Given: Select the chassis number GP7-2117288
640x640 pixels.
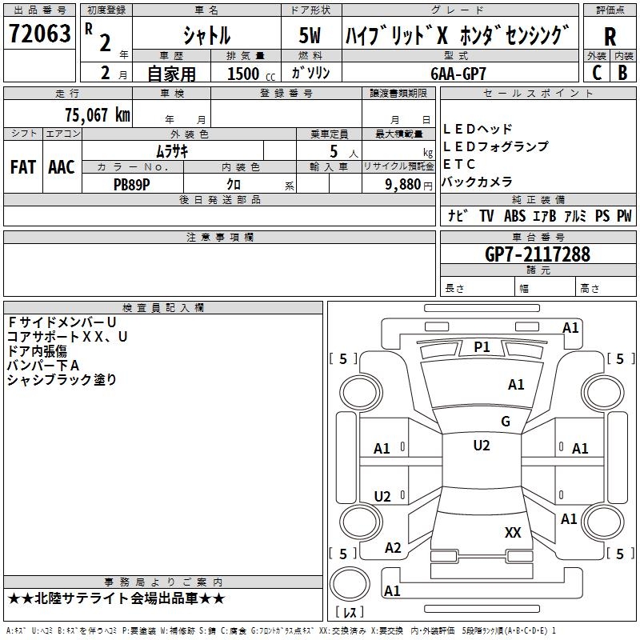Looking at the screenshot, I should [538, 254].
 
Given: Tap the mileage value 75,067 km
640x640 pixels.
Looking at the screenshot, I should [97, 114].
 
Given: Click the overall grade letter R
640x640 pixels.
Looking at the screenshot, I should [610, 36].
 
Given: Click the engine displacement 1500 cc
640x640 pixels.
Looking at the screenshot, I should [248, 74].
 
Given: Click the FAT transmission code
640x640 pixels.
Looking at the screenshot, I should [22, 167].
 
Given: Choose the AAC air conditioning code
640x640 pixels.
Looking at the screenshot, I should [62, 167].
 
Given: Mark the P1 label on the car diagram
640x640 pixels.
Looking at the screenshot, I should [482, 346].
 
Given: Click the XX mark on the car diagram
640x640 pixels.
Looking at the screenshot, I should [513, 532].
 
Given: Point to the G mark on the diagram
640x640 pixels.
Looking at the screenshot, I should [506, 421].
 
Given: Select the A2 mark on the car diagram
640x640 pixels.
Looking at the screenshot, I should [393, 547].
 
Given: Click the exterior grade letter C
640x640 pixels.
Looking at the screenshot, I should [597, 73].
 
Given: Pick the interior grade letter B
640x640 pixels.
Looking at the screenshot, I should [623, 73].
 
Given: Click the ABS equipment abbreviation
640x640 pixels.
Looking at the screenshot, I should [514, 216].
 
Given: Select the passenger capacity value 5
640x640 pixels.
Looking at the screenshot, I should [331, 151].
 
